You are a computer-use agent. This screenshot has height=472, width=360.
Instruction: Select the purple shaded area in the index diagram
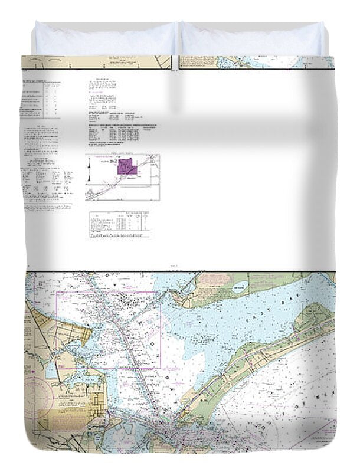pyautogui.click(x=126, y=167)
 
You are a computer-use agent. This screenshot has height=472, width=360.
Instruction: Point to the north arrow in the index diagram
pyautogui.click(x=89, y=171)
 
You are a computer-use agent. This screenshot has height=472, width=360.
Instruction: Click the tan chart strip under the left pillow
pyautogui.click(x=94, y=62)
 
